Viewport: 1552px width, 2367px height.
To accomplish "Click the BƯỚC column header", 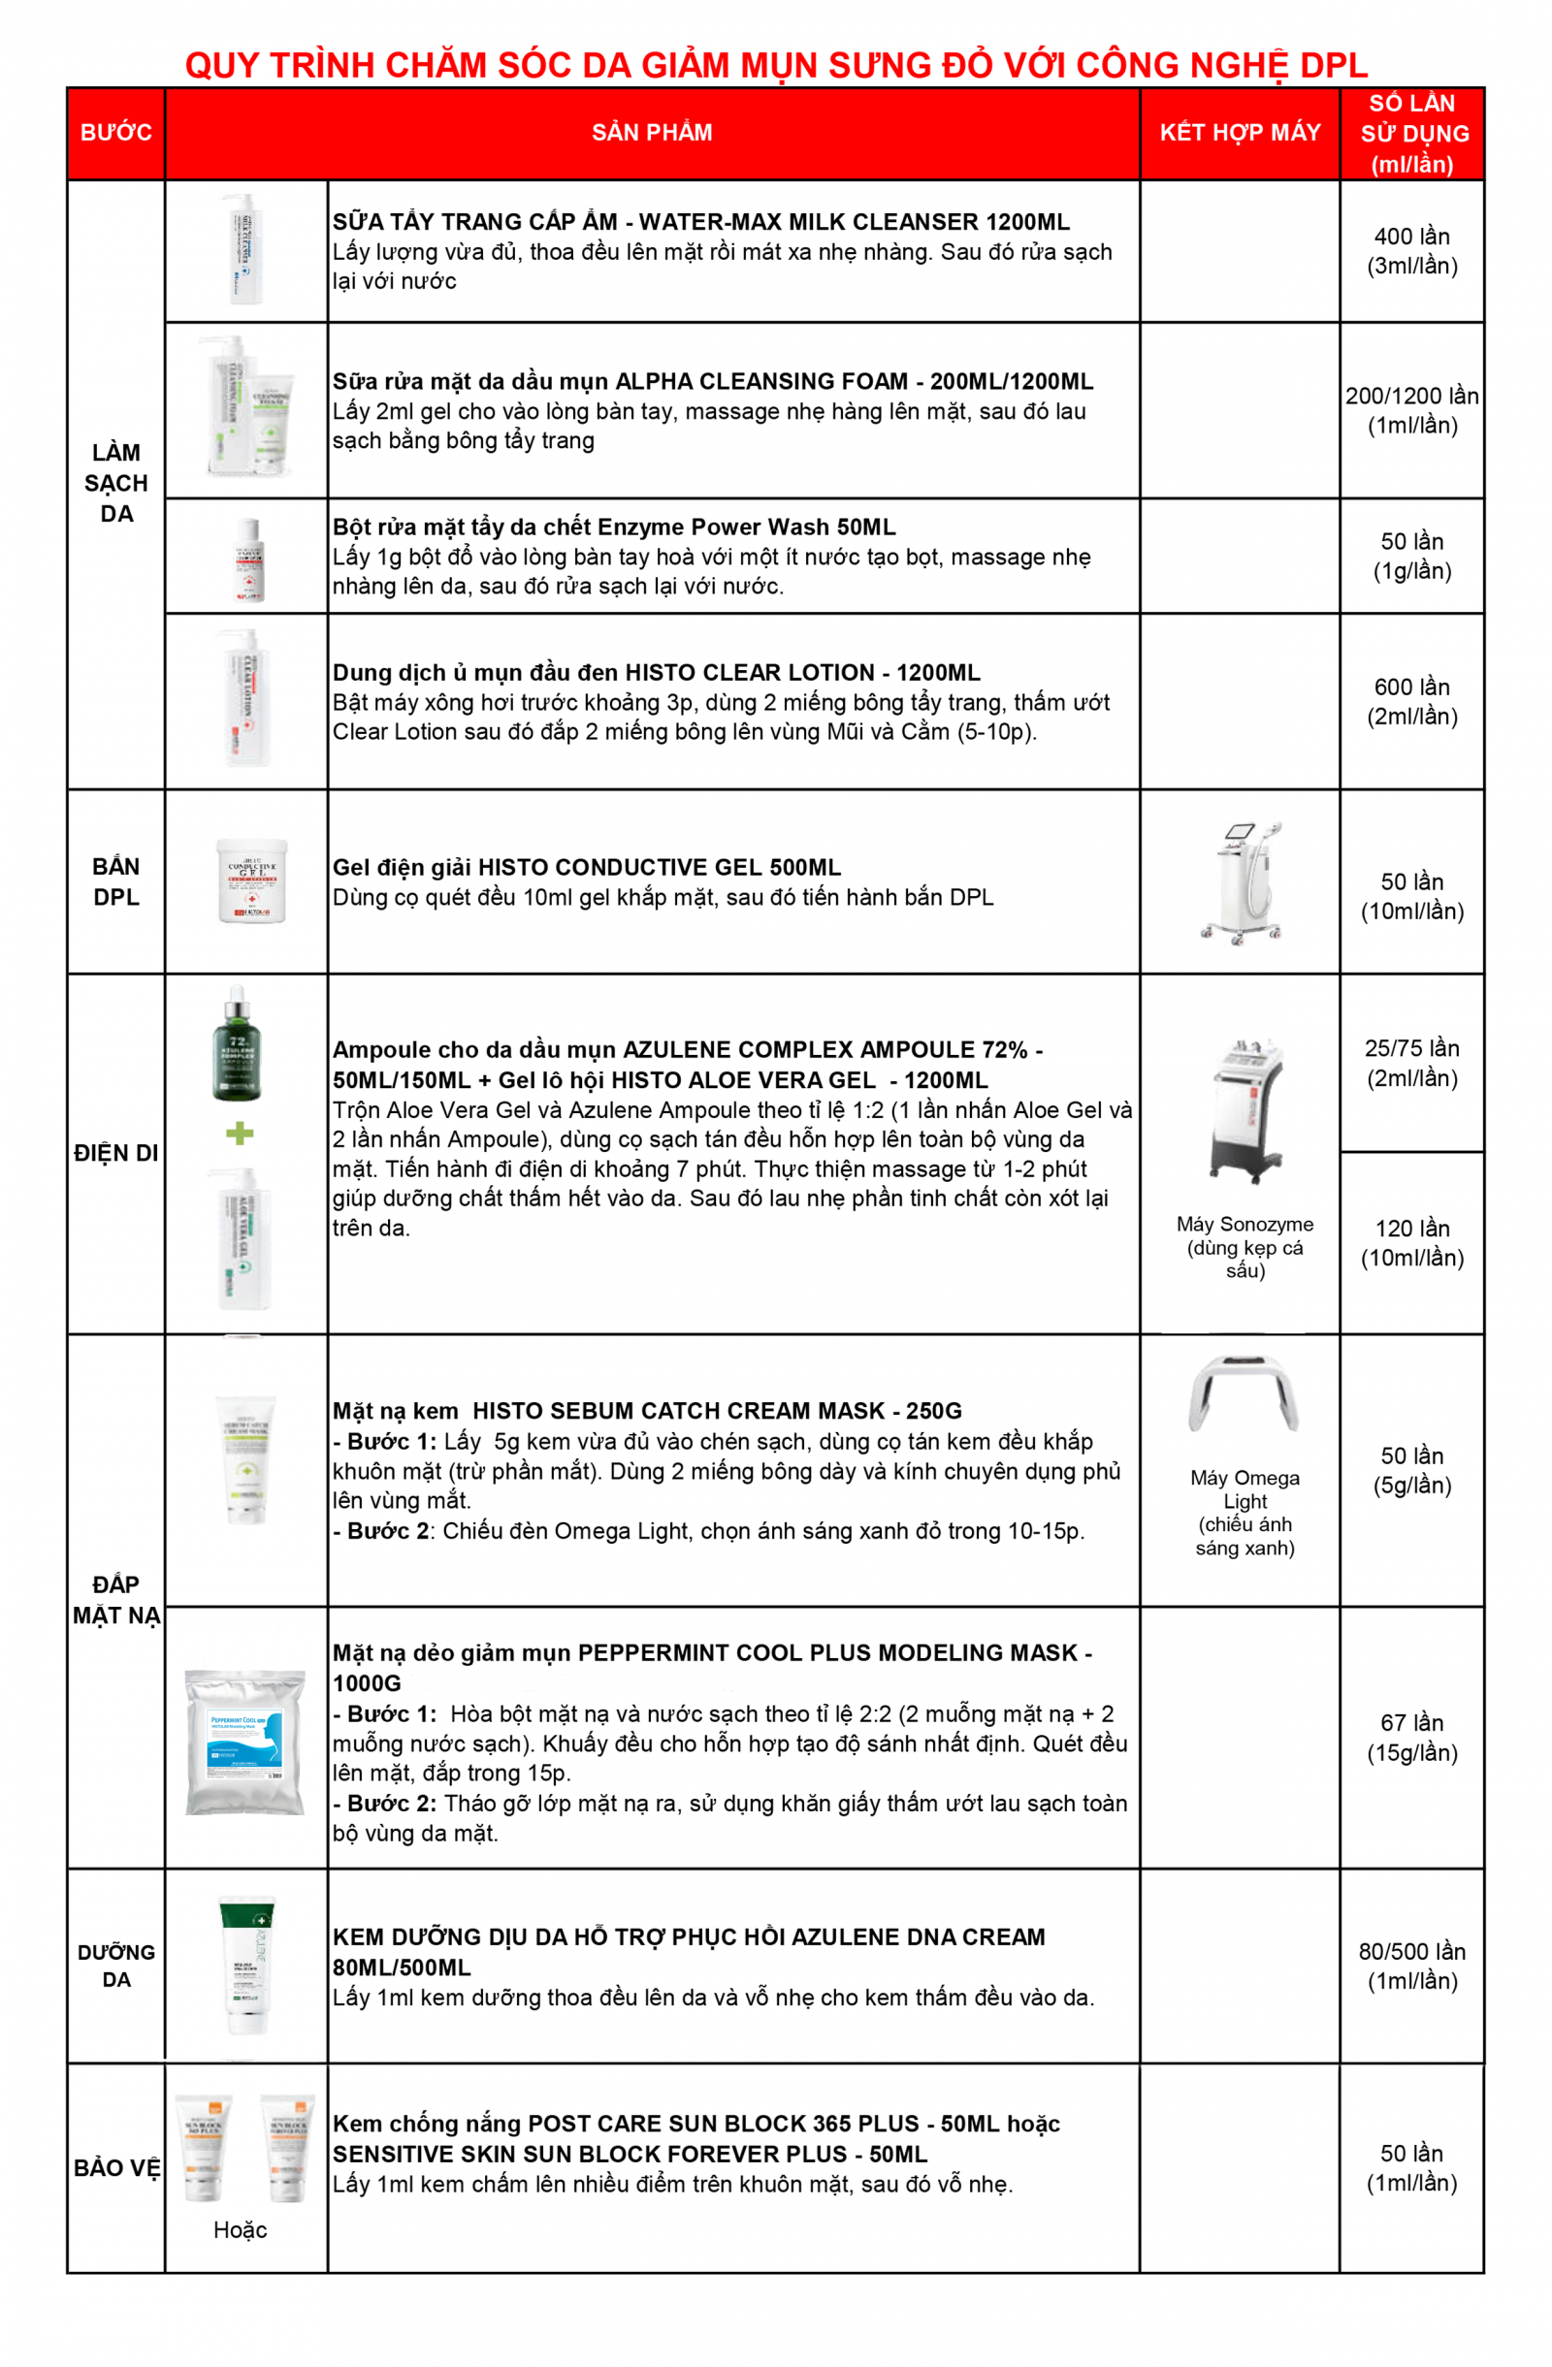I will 115,132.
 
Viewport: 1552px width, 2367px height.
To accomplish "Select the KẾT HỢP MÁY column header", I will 1239,132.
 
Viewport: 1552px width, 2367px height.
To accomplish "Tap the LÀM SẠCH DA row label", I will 115,482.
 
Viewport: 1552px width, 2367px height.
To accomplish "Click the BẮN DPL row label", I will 115,881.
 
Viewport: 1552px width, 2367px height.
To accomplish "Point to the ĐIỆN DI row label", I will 115,1153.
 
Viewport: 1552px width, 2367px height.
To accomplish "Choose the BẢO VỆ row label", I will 115,2167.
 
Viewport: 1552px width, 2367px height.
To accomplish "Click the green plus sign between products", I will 240,1133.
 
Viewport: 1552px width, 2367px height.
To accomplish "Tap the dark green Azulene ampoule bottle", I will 237,1044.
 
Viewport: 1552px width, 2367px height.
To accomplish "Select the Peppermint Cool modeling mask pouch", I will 244,1742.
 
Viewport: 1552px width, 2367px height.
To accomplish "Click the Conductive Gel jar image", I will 251,880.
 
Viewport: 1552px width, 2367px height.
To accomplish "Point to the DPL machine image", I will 1241,881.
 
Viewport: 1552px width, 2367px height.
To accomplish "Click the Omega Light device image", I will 1243,1392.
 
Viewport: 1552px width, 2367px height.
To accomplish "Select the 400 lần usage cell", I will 1410,250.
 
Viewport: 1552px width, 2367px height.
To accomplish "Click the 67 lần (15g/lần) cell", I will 1410,1737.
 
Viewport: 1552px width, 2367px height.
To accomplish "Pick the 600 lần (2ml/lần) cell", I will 1410,701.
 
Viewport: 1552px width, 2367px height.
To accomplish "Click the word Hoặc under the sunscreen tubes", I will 240,2228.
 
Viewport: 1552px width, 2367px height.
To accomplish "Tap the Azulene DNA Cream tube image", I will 245,1965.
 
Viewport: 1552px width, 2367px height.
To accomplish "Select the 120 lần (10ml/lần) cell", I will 1410,1242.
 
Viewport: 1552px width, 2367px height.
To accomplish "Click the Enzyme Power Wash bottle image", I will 247,559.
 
